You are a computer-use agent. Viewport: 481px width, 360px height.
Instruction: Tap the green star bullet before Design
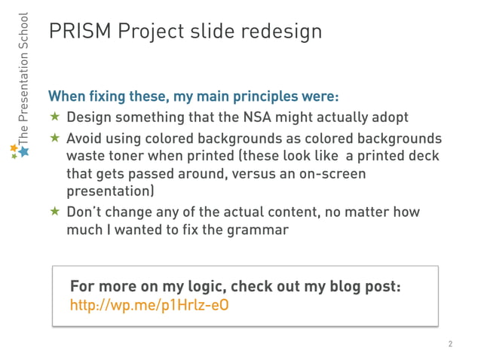click(54, 117)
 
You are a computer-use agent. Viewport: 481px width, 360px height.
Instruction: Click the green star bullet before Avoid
click(54, 139)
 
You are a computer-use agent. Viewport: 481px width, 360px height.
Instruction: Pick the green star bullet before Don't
click(54, 212)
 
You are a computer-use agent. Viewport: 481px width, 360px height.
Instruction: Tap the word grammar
click(261, 230)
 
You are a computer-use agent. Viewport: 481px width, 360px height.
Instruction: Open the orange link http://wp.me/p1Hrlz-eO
click(149, 306)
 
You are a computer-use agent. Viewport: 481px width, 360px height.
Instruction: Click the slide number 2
click(450, 344)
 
